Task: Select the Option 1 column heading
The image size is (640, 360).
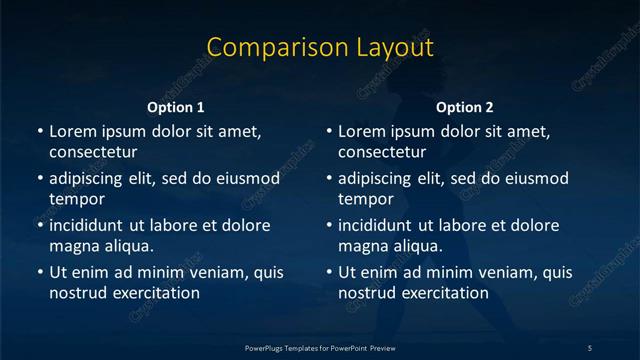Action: [x=175, y=107]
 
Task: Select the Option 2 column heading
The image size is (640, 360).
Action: [x=464, y=107]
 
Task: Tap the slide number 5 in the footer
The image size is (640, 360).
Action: [x=590, y=347]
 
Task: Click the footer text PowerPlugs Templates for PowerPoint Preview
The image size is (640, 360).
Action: [x=320, y=347]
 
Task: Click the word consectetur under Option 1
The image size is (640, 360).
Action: [x=93, y=152]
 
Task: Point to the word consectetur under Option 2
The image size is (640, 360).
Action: [x=382, y=152]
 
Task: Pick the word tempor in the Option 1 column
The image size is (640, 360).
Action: [x=77, y=199]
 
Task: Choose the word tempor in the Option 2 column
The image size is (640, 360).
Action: [x=366, y=199]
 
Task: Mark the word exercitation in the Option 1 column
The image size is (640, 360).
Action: [x=155, y=293]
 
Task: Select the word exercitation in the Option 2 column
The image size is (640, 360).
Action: [x=444, y=293]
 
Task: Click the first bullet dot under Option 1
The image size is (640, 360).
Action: [x=40, y=132]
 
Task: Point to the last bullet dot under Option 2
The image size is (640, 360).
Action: [x=329, y=272]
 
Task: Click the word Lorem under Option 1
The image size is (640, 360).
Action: [x=71, y=131]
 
